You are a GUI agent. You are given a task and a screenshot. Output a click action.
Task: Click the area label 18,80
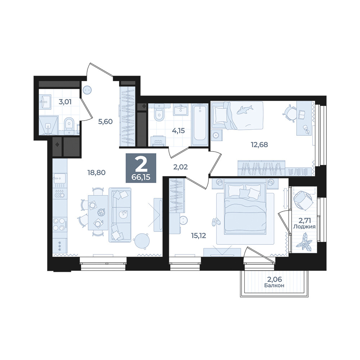(x=96, y=172)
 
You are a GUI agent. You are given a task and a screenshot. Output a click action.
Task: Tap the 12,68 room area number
(x=259, y=145)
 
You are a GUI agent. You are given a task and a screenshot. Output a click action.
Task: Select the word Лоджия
(x=305, y=226)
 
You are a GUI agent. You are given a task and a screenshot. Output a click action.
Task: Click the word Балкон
(x=274, y=285)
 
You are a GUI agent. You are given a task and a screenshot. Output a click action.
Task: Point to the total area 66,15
(x=141, y=177)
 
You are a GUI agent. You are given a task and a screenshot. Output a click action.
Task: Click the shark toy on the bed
(x=244, y=109)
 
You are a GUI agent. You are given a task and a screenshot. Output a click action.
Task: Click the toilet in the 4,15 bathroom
(x=159, y=112)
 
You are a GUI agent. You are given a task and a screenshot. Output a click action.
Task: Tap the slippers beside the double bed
(x=215, y=221)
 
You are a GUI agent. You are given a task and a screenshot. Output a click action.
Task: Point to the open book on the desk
(x=302, y=115)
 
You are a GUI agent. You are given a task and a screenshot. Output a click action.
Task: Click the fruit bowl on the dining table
(x=100, y=212)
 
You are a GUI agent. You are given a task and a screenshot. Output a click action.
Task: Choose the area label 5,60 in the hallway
(x=105, y=121)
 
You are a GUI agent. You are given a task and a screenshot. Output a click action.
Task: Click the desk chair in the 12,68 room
(x=290, y=112)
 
